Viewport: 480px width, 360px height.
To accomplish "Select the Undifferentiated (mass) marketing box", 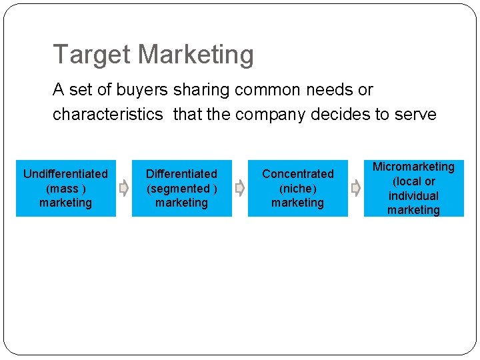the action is coord(65,188).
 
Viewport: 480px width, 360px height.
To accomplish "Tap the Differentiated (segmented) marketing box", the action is coord(181,188).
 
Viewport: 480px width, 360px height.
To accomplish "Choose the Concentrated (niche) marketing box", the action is coord(297,188).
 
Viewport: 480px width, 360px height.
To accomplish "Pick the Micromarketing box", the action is coord(413,188).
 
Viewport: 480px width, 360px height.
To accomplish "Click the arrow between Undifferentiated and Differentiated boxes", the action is coord(123,189).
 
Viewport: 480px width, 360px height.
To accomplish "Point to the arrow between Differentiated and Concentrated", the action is coord(240,189).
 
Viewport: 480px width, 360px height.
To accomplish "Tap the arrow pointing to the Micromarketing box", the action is coord(356,189).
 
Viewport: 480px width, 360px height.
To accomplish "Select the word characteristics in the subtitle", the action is coord(107,115).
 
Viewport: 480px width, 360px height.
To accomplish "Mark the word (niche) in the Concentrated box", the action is coord(297,189).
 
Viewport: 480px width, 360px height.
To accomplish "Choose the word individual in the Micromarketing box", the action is coord(413,196).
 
